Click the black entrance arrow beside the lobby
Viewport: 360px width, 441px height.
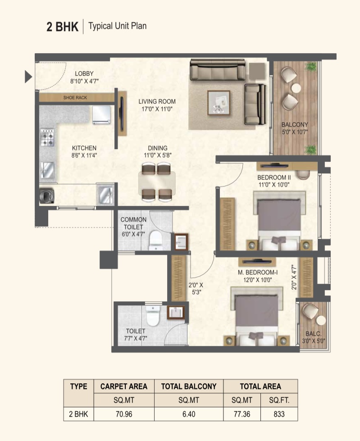(28, 77)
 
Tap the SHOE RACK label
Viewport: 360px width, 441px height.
(75, 98)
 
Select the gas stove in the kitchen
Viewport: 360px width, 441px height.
(47, 137)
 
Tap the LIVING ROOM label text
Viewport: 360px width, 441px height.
(157, 101)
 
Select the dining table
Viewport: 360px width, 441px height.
(157, 182)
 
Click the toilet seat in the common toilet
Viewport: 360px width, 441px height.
(155, 240)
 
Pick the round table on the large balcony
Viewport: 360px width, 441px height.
(296, 88)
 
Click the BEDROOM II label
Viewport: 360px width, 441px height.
(274, 177)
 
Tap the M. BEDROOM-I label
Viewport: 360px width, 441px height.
(258, 272)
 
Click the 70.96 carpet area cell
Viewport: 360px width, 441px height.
(124, 414)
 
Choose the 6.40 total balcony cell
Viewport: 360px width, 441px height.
(189, 414)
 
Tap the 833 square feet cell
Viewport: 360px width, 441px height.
(279, 414)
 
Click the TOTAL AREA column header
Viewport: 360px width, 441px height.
(260, 386)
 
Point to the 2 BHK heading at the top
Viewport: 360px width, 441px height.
(63, 27)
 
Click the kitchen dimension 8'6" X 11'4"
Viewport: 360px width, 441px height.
(84, 155)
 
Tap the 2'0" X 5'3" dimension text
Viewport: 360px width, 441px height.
(196, 289)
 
